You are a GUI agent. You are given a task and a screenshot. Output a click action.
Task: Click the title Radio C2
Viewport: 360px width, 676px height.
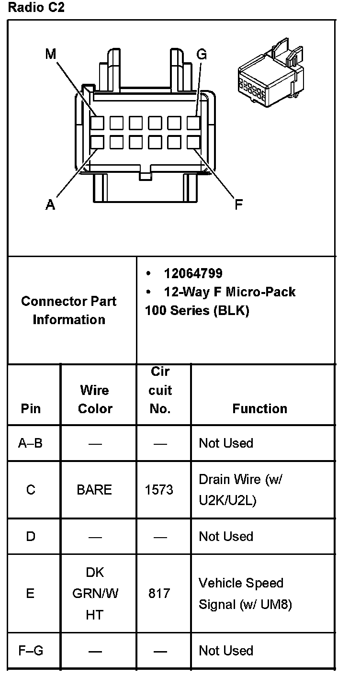click(36, 8)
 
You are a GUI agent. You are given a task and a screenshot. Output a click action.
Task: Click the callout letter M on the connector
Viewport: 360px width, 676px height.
click(51, 54)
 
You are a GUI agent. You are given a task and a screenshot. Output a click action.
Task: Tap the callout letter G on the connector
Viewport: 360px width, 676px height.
click(202, 54)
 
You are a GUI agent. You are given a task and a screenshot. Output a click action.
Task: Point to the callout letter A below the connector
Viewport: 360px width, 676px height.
click(50, 205)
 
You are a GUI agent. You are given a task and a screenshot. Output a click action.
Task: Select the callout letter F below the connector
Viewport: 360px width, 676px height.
click(238, 205)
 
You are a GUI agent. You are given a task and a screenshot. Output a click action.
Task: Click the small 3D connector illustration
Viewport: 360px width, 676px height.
click(270, 77)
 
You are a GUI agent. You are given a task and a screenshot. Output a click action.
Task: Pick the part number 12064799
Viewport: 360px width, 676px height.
click(193, 273)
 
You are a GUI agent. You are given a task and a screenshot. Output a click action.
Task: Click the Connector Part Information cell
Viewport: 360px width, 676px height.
click(69, 310)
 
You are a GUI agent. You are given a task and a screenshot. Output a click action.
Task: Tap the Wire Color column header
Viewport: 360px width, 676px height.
click(95, 399)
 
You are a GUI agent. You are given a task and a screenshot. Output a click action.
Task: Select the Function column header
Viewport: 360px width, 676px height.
click(259, 408)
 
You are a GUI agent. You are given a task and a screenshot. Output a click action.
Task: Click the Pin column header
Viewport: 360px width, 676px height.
click(31, 408)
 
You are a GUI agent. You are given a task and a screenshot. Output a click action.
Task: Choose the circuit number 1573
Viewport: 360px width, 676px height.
click(159, 490)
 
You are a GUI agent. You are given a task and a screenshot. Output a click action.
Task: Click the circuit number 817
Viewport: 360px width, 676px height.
click(159, 594)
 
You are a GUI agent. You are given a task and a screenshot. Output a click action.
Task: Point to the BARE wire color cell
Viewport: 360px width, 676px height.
click(94, 490)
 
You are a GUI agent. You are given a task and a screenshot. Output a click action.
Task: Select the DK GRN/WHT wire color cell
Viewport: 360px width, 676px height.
click(95, 594)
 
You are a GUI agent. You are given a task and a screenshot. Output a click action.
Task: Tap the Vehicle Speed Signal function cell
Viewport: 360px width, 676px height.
click(245, 594)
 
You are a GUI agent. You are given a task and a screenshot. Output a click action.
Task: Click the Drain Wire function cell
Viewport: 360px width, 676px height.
click(240, 490)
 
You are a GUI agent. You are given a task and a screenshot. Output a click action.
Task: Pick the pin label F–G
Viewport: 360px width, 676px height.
click(31, 651)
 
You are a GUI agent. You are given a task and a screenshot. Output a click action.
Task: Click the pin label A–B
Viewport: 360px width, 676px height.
click(31, 443)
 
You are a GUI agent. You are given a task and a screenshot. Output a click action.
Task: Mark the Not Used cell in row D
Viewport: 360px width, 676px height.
click(226, 536)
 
